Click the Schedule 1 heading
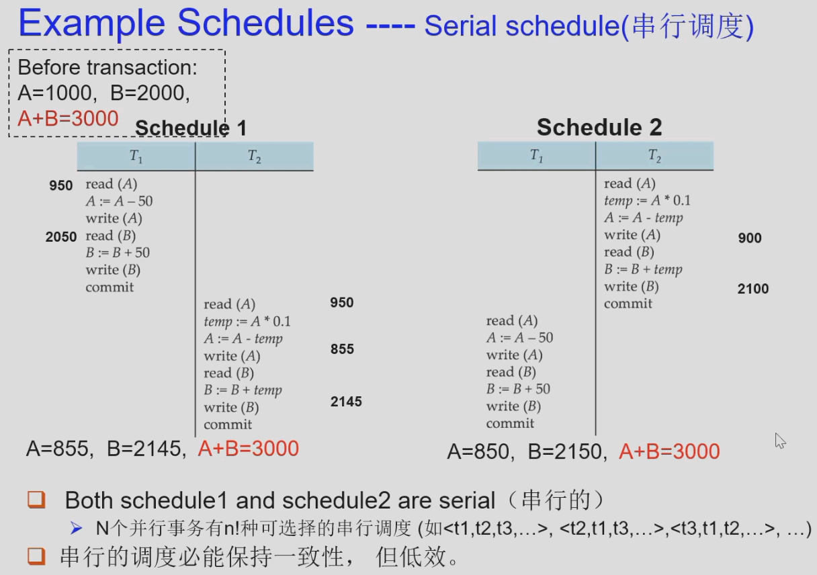coord(191,128)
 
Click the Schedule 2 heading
coord(599,127)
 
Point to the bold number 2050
coord(61,236)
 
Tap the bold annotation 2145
coord(346,402)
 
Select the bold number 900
coord(750,238)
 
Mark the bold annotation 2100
coord(753,289)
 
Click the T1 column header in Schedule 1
coord(136,157)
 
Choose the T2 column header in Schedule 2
coord(654,157)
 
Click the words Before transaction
coord(107,68)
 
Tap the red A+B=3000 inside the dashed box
coord(68,118)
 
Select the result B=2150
coord(564,452)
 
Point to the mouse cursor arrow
coord(779,441)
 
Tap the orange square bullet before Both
coord(36,500)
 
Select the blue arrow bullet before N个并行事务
coord(77,528)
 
